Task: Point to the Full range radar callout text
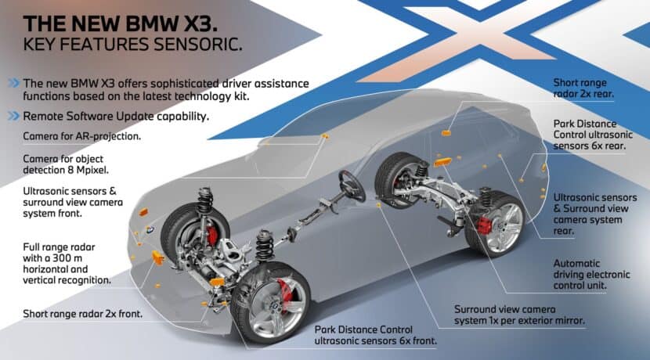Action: (67, 263)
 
